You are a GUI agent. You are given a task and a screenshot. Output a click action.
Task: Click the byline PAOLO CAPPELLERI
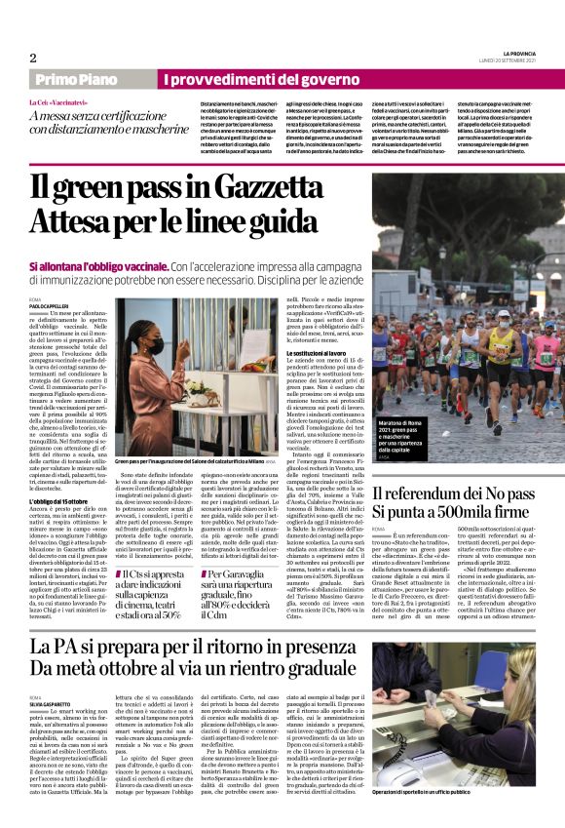52,304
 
